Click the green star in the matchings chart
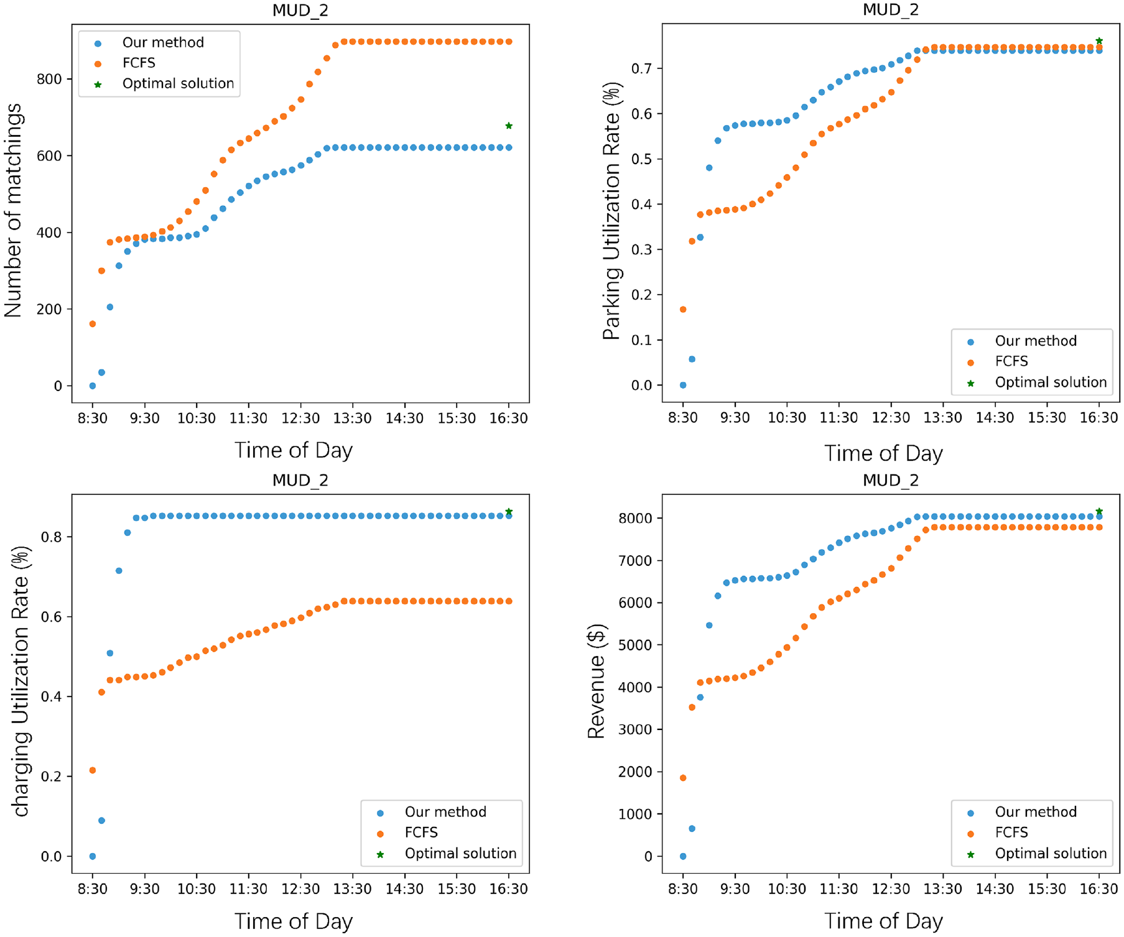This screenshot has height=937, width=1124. (509, 126)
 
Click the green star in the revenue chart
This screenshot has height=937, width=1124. (1099, 512)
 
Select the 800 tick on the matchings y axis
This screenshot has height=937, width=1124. (49, 79)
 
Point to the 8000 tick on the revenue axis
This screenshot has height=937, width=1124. (635, 519)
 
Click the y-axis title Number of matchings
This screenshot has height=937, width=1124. (13, 211)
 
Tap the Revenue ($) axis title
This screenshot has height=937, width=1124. (596, 681)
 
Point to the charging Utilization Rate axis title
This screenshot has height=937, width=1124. (21, 681)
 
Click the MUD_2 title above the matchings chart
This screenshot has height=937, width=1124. (300, 11)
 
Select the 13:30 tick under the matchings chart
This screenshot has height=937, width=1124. (353, 418)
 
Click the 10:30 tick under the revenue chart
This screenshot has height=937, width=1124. (787, 889)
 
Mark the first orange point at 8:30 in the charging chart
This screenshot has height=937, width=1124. (93, 770)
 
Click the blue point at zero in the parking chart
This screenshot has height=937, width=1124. (683, 385)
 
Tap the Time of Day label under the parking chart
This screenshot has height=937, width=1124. (883, 453)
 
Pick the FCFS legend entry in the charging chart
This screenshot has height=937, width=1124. (421, 833)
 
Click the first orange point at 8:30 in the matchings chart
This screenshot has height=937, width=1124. (93, 324)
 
